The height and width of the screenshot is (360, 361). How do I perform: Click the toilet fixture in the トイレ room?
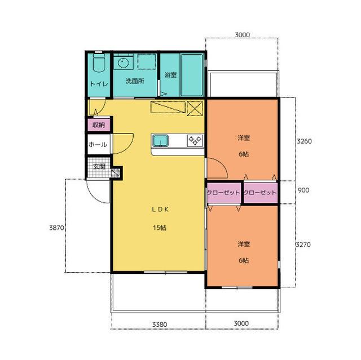click(99, 63)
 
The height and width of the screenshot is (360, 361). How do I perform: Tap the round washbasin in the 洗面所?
click(124, 62)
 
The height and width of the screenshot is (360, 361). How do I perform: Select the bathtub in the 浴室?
click(192, 75)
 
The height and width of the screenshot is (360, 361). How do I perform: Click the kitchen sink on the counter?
click(160, 140)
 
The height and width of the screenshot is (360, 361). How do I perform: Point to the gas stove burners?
click(195, 140)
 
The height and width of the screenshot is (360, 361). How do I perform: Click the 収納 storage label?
click(99, 125)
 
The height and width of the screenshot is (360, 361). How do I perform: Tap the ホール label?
click(98, 145)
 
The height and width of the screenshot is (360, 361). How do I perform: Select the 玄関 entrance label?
click(99, 166)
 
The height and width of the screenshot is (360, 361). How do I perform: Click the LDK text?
click(160, 209)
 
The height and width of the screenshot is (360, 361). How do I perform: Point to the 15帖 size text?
click(160, 228)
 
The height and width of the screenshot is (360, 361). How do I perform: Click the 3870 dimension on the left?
click(56, 228)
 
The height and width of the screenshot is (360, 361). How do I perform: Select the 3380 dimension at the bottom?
click(160, 325)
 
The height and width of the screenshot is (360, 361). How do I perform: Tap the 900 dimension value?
click(303, 190)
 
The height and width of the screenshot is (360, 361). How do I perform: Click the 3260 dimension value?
click(304, 141)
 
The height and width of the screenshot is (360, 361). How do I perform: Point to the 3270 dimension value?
click(303, 245)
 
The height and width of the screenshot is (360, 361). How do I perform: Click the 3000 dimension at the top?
click(242, 35)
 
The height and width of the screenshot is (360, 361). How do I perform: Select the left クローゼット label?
click(223, 192)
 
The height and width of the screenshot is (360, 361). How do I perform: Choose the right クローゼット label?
click(260, 192)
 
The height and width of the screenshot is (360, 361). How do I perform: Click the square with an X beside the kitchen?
click(195, 108)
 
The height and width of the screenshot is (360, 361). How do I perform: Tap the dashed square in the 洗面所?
click(147, 61)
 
